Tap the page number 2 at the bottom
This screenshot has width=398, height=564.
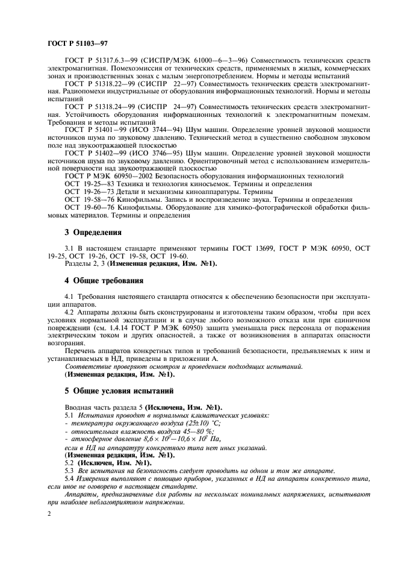49,512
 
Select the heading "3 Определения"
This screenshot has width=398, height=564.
93,232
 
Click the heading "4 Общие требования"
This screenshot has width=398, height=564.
104,280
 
